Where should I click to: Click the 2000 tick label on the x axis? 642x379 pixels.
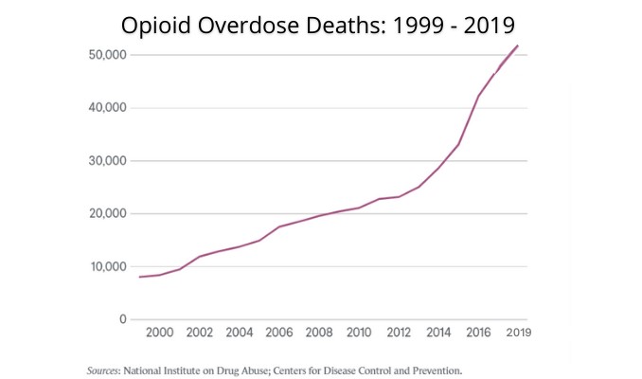coord(159,333)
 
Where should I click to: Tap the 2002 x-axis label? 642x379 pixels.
coord(199,333)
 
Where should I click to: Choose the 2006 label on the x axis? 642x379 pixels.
coord(278,333)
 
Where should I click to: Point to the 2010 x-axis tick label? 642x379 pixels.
coord(358,333)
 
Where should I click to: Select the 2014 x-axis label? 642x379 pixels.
coord(438,333)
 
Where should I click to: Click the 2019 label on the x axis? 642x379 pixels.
coord(518,333)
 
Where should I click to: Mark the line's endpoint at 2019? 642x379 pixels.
coord(518,45)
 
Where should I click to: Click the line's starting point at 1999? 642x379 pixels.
coord(139,277)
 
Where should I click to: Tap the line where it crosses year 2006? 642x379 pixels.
coord(278,226)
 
